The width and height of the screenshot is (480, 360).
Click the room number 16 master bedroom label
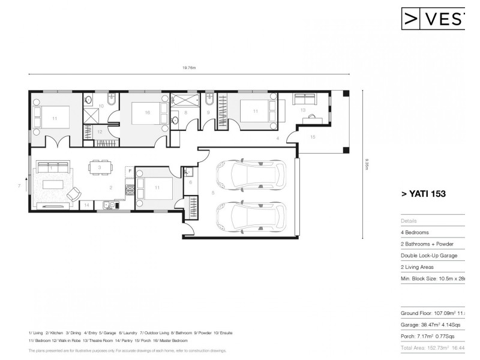click(148, 112)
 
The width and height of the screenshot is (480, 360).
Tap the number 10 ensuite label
click(101, 106)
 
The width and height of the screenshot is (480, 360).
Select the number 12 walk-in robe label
click(100, 131)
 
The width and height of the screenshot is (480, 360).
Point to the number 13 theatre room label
click(303, 110)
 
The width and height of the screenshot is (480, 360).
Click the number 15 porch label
click(313, 137)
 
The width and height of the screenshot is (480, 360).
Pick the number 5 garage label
click(212, 193)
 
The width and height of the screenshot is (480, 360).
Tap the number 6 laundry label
click(190, 182)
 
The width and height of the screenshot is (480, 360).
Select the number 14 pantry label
click(86, 205)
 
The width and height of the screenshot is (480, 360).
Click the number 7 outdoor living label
click(20, 187)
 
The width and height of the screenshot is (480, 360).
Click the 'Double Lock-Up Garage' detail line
click(428, 256)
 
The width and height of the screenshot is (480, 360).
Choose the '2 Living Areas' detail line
click(419, 267)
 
